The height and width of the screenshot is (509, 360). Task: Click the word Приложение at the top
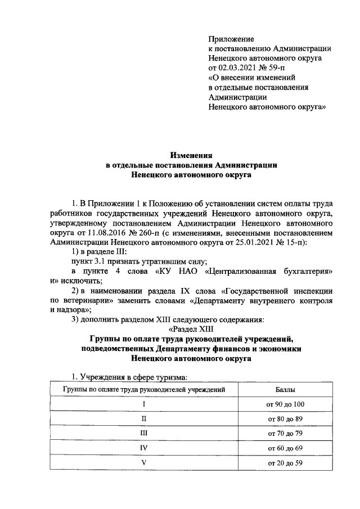point(231,39)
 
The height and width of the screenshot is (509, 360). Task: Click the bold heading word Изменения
point(192,155)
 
